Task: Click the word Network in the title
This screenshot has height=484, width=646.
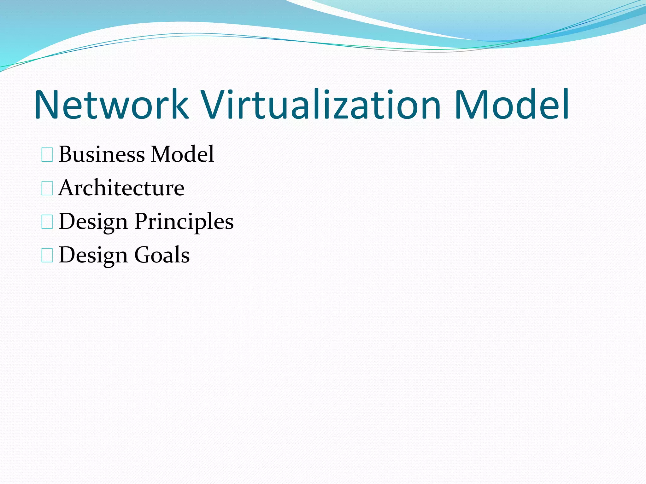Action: [x=111, y=105]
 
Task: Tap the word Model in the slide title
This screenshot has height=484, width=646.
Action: [x=511, y=105]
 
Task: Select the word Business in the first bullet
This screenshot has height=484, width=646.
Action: [x=102, y=154]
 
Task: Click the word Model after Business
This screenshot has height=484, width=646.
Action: [x=183, y=154]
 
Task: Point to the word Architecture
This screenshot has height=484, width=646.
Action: [x=121, y=188]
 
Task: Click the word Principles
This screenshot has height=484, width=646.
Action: [x=184, y=222]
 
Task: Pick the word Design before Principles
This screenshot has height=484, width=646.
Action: [x=93, y=222]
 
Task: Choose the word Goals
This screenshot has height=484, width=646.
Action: [x=162, y=255]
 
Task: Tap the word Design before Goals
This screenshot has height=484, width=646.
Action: [x=93, y=255]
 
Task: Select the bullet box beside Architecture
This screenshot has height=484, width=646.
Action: [x=47, y=188]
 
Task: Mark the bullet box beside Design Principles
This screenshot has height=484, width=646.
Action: [x=47, y=222]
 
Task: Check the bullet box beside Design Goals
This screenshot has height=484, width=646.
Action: [x=47, y=255]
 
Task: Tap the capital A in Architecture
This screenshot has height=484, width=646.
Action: [x=67, y=188]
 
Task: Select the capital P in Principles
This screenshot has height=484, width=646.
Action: [x=142, y=221]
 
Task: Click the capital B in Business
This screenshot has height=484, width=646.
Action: [x=67, y=154]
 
